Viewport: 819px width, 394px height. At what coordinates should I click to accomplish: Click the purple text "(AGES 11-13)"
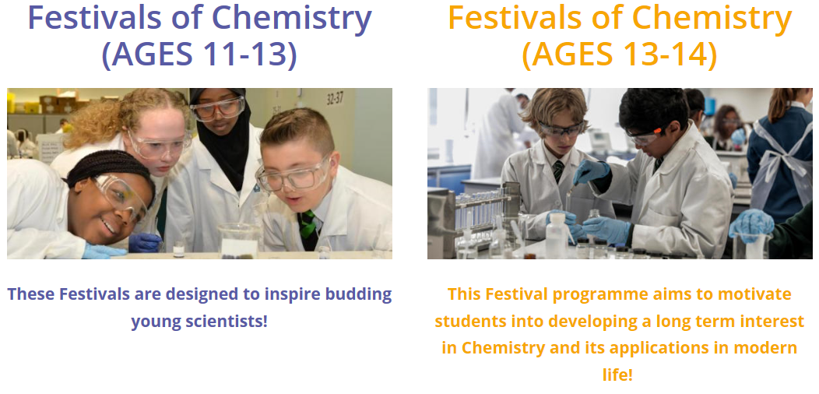click(199, 55)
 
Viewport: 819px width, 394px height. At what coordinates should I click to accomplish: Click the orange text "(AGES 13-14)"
click(619, 55)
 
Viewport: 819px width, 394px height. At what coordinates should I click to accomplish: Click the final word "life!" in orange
click(617, 374)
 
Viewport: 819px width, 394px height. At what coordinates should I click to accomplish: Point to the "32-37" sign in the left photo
click(336, 99)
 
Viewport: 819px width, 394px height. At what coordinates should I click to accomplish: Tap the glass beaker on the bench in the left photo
click(239, 241)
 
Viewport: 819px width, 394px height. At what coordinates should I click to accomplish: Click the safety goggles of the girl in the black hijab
click(217, 108)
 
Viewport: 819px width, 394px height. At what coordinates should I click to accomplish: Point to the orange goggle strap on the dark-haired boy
click(658, 130)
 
